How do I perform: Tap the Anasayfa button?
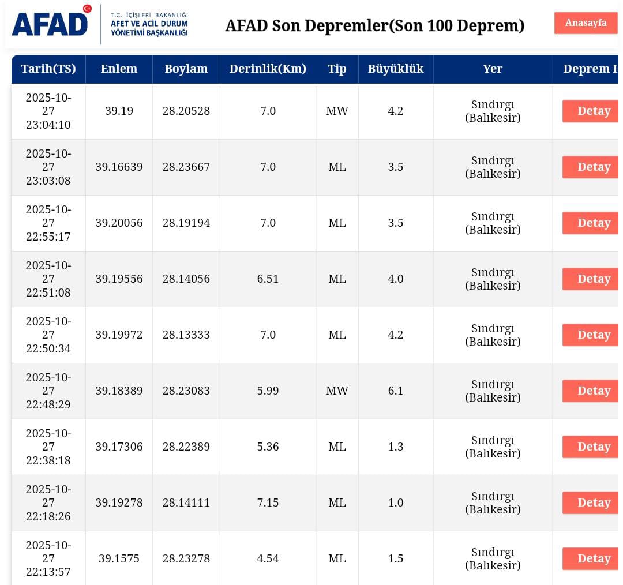pos(586,23)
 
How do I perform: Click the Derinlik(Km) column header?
pos(268,69)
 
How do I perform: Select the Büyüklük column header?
pos(395,69)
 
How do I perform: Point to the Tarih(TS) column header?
pos(48,69)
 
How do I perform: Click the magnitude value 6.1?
pos(395,391)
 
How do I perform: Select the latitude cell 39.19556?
pos(119,279)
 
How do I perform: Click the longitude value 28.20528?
pos(186,111)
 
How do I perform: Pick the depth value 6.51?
pos(268,279)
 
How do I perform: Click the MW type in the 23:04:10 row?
pos(337,111)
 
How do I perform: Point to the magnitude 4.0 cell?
pos(395,279)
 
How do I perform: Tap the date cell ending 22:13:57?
pos(48,558)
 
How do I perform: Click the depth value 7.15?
pos(268,502)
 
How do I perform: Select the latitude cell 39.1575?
pos(119,558)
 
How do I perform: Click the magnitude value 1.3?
pos(395,447)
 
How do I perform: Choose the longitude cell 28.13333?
pos(186,335)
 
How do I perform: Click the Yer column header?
pos(493,69)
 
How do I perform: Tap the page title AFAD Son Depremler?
pos(374,26)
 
